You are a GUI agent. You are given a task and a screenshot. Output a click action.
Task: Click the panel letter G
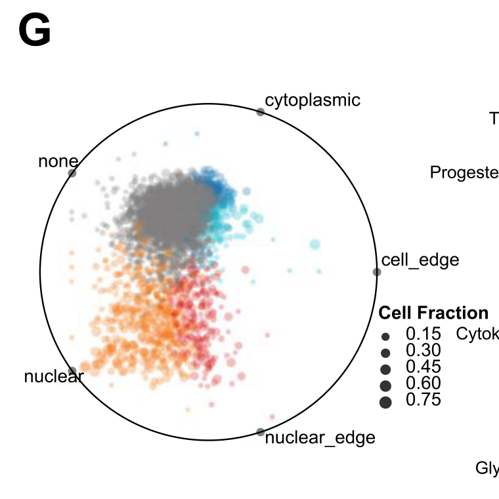[35, 32]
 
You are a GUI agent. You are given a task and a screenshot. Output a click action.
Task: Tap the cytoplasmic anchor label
[313, 100]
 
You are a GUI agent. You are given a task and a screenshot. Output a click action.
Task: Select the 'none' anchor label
[58, 161]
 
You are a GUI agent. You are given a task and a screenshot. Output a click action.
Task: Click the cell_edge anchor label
[420, 260]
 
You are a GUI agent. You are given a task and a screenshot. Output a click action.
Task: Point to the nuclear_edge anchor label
[320, 437]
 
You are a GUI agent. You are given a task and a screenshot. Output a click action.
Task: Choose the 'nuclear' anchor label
[53, 376]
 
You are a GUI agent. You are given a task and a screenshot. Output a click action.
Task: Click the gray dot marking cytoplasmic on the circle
[261, 112]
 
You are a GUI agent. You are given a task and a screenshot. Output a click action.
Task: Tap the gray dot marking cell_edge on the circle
[377, 272]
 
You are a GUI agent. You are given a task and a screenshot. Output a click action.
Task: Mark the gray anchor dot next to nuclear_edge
[261, 432]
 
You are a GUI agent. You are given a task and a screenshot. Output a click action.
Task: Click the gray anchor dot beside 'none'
[72, 173]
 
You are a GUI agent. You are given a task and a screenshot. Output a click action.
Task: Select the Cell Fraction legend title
[433, 313]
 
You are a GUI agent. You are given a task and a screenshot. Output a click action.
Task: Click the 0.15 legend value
[423, 334]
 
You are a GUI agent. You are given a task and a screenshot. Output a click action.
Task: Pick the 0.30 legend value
[423, 350]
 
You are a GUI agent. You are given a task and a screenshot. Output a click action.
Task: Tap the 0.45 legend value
[423, 367]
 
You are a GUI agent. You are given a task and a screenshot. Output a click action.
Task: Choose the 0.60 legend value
[423, 383]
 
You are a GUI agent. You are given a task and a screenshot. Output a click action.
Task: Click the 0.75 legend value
[423, 399]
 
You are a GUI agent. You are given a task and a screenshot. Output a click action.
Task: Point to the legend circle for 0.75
[385, 403]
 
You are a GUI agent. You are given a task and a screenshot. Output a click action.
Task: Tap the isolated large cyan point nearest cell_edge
[314, 245]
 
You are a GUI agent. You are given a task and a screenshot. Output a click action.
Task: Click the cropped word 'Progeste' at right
[464, 172]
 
